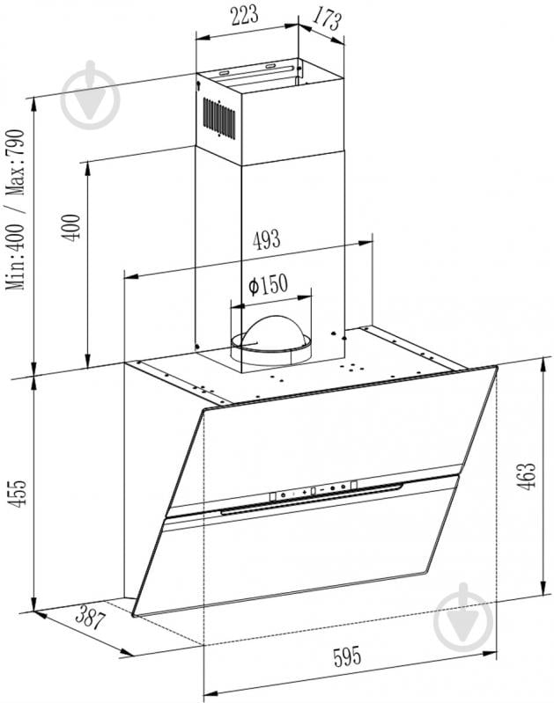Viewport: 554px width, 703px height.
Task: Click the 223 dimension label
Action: point(245,15)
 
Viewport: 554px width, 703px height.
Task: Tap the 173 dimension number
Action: point(328,18)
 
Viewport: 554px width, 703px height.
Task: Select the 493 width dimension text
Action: point(266,240)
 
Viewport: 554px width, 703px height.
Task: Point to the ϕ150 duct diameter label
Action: point(268,284)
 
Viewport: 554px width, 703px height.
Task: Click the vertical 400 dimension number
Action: point(71,228)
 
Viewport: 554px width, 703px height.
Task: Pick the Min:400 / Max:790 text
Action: point(15,209)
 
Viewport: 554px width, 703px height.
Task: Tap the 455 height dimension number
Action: point(18,494)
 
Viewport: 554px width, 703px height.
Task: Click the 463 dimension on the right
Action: point(527,476)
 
